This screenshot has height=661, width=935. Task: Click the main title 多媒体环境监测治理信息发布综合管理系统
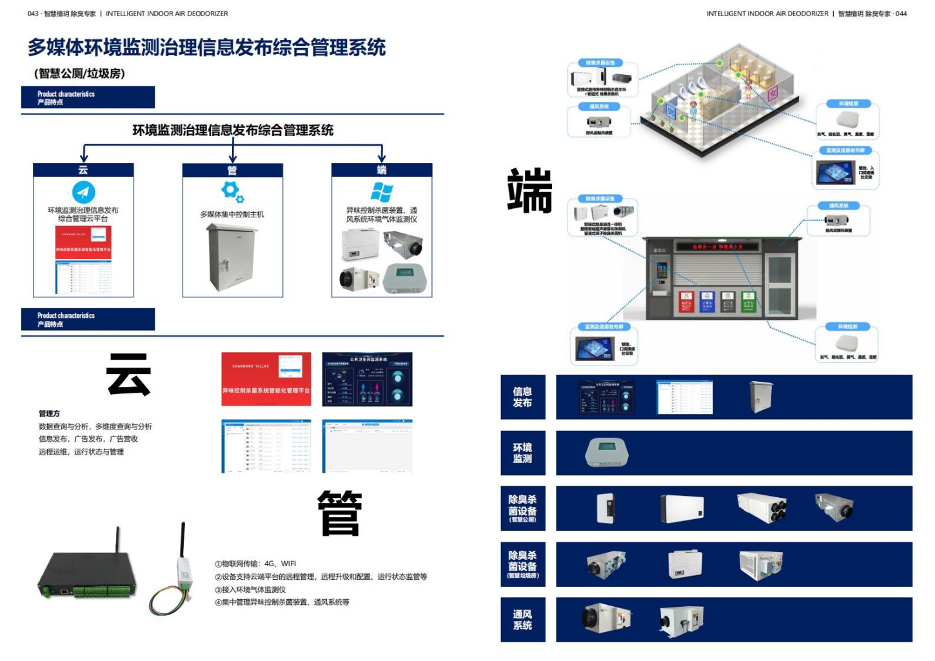point(206,47)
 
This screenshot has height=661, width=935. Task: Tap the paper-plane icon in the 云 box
point(83,192)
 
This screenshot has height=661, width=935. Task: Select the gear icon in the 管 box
point(231,192)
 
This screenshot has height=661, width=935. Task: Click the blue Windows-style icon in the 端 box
point(381,192)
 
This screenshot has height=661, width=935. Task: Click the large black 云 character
point(128,374)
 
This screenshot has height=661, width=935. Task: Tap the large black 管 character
point(340,513)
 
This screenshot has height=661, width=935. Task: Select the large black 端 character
point(529,190)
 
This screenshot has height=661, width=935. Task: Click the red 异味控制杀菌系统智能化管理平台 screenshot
point(266,379)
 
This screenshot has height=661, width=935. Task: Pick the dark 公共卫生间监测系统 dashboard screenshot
point(367,379)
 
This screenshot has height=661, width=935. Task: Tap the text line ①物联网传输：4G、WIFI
point(255,564)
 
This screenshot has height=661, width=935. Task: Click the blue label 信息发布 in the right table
point(522,397)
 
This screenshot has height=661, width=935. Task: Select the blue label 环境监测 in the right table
point(522,453)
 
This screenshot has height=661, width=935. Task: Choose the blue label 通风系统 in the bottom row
point(522,620)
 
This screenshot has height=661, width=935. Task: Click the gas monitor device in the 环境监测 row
point(606,453)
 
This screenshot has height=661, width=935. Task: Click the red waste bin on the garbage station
point(686,301)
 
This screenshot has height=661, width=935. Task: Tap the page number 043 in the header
point(33,14)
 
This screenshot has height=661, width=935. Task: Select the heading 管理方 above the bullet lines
point(49,413)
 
